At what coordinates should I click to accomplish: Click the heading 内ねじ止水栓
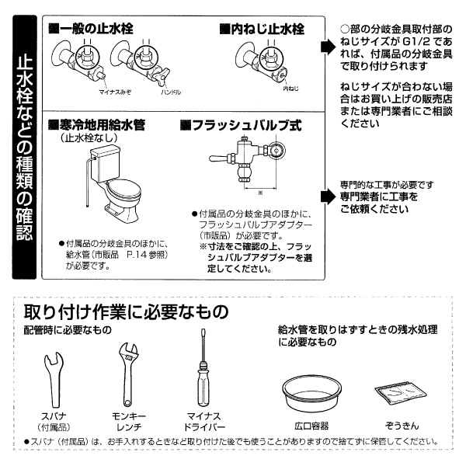click(x=262, y=29)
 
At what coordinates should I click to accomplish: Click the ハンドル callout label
click(x=170, y=92)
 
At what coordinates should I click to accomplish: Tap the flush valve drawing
click(x=252, y=155)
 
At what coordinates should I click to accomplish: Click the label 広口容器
click(x=312, y=426)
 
